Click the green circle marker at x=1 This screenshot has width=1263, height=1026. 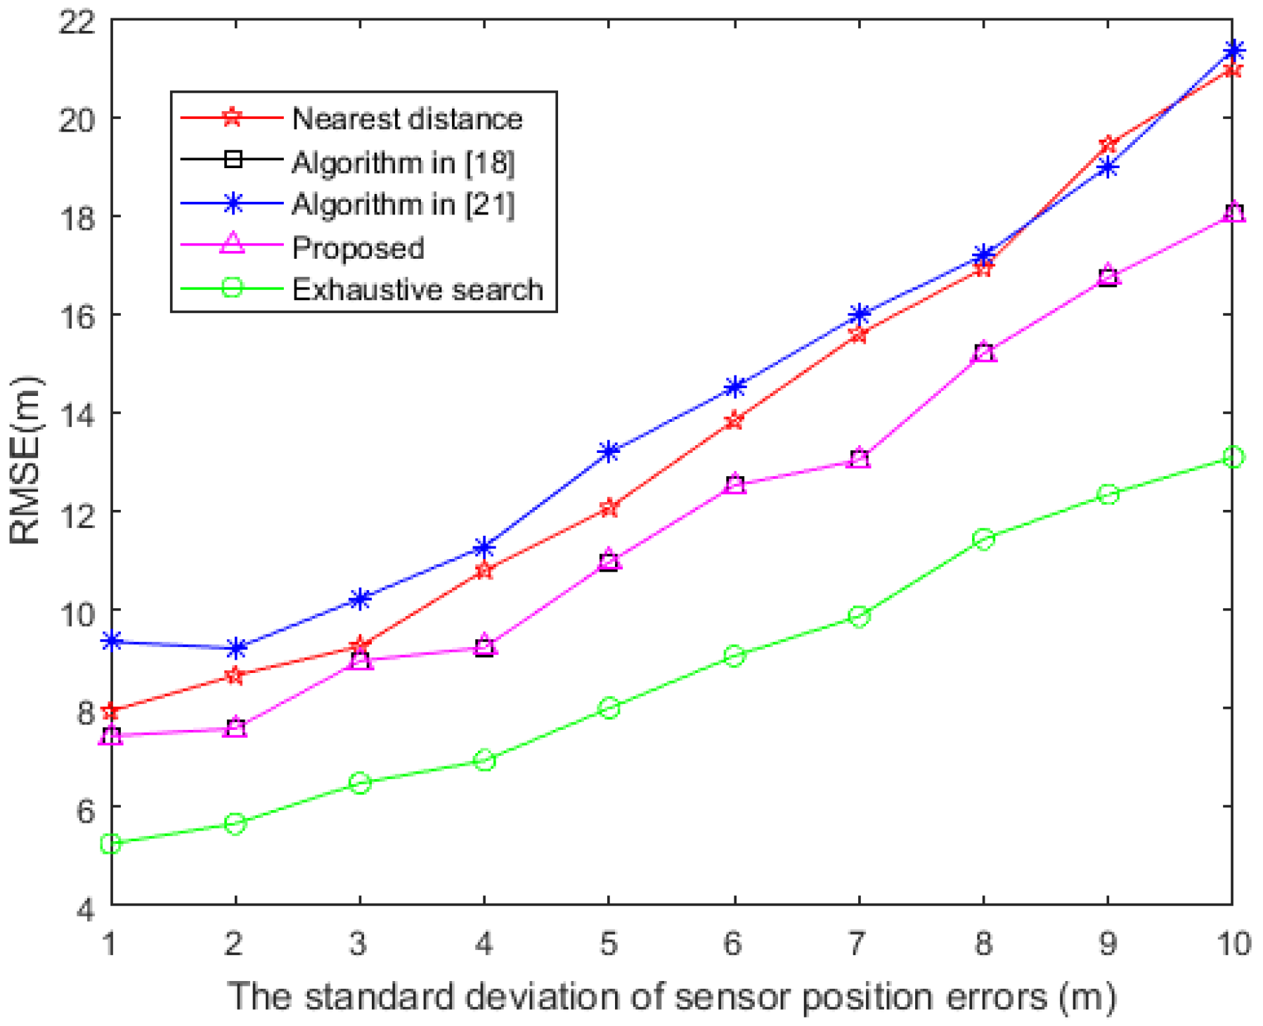point(111,843)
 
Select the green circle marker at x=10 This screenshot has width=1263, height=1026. point(1233,457)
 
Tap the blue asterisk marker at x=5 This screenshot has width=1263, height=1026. point(609,451)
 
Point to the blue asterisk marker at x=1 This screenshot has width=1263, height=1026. point(111,641)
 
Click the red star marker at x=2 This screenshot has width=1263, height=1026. point(235,675)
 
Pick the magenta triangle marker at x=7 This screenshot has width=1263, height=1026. point(859,459)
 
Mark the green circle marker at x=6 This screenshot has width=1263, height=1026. point(734,655)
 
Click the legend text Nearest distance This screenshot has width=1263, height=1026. point(407,119)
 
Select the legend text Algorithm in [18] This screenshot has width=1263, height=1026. point(403,162)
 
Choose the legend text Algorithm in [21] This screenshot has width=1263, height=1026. point(403,205)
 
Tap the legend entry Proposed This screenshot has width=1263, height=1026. point(358,248)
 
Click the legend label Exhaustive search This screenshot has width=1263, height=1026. point(417,290)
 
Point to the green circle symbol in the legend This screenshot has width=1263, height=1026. point(232,288)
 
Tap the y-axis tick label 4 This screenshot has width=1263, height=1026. point(84,909)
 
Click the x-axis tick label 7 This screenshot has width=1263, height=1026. point(857,943)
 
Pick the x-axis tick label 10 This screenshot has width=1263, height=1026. point(1233,943)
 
